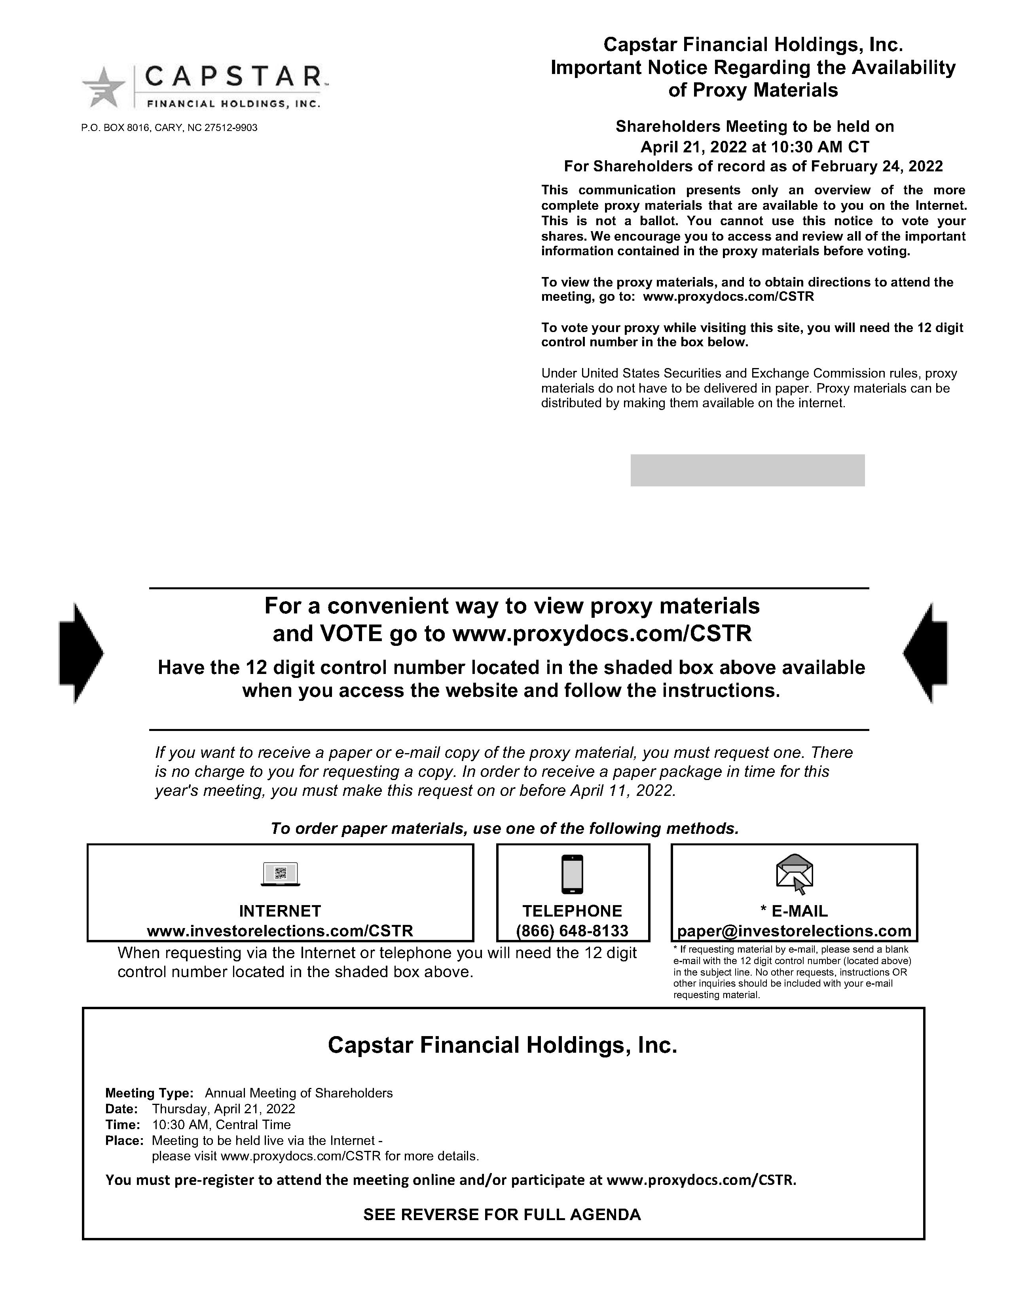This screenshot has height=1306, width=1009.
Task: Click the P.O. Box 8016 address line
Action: click(x=169, y=128)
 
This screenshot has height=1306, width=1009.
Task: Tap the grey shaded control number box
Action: click(x=747, y=470)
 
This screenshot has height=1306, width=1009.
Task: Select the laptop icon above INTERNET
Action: click(x=281, y=874)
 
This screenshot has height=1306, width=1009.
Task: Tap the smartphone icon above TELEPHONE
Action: click(x=573, y=874)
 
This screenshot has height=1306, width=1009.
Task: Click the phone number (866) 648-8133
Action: click(x=572, y=931)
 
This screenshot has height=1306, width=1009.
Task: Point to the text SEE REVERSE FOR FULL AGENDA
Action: click(x=502, y=1215)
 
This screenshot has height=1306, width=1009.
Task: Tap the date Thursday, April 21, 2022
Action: click(x=224, y=1109)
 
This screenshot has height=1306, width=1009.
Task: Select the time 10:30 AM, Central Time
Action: click(x=221, y=1124)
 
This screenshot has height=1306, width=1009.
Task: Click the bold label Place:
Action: click(x=124, y=1140)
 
